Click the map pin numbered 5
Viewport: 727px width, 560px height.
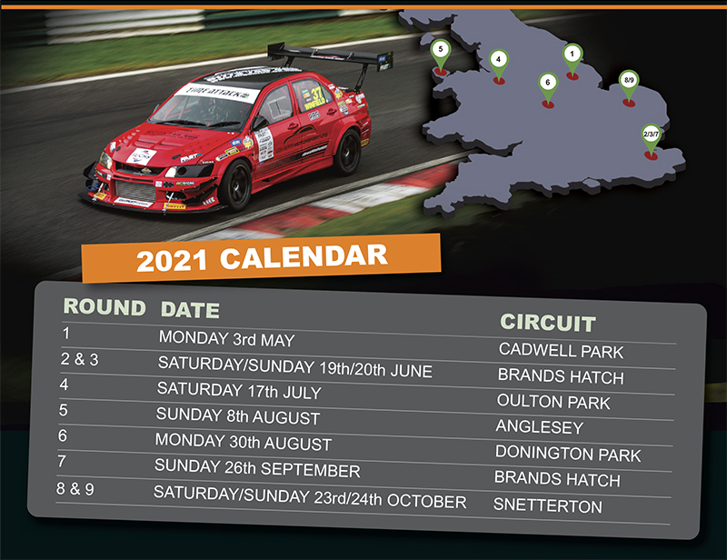(441, 55)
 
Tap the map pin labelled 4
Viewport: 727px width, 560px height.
(498, 65)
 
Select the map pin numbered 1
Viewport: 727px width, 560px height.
(573, 59)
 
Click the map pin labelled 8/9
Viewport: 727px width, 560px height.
(629, 85)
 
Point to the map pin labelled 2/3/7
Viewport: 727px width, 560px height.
(651, 139)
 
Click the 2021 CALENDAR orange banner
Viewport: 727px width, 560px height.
(261, 258)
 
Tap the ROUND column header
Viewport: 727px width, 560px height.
(105, 306)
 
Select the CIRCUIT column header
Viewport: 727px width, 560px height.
(548, 323)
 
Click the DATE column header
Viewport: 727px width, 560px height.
(190, 310)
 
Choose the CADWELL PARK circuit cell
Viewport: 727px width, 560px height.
(561, 351)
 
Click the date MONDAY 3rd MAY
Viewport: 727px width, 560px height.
(226, 339)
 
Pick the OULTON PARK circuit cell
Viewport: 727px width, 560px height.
(553, 402)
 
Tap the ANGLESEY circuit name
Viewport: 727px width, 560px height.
(540, 427)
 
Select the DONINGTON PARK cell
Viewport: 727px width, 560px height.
(568, 454)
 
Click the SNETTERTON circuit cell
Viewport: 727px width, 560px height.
(548, 505)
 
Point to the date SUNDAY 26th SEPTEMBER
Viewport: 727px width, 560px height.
(257, 468)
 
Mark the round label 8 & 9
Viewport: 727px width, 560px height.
(75, 488)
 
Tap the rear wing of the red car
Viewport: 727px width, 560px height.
(330, 56)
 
